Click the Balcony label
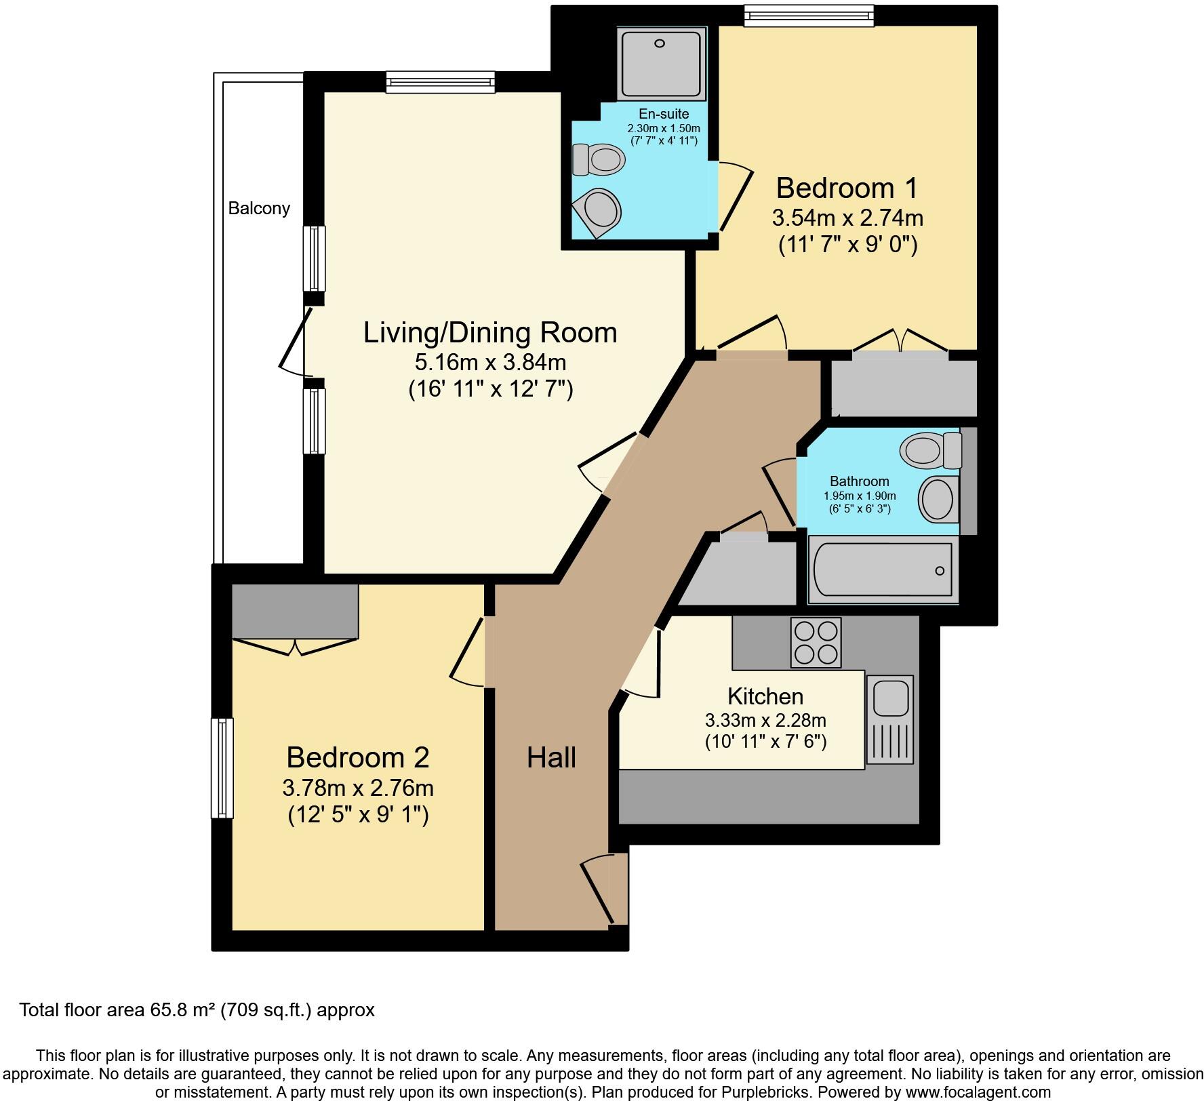point(259,208)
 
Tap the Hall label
point(551,757)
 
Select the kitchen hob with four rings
point(816,642)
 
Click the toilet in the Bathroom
point(929,449)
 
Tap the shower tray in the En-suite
point(662,62)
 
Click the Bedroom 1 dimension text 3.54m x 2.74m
point(847,218)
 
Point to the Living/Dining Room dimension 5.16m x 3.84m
point(490,362)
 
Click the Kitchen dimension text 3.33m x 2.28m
point(765,720)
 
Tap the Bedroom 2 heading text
point(357,757)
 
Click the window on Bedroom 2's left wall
point(222,767)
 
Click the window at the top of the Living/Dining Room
point(441,82)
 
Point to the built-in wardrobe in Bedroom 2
point(294,611)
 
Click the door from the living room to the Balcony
point(296,342)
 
